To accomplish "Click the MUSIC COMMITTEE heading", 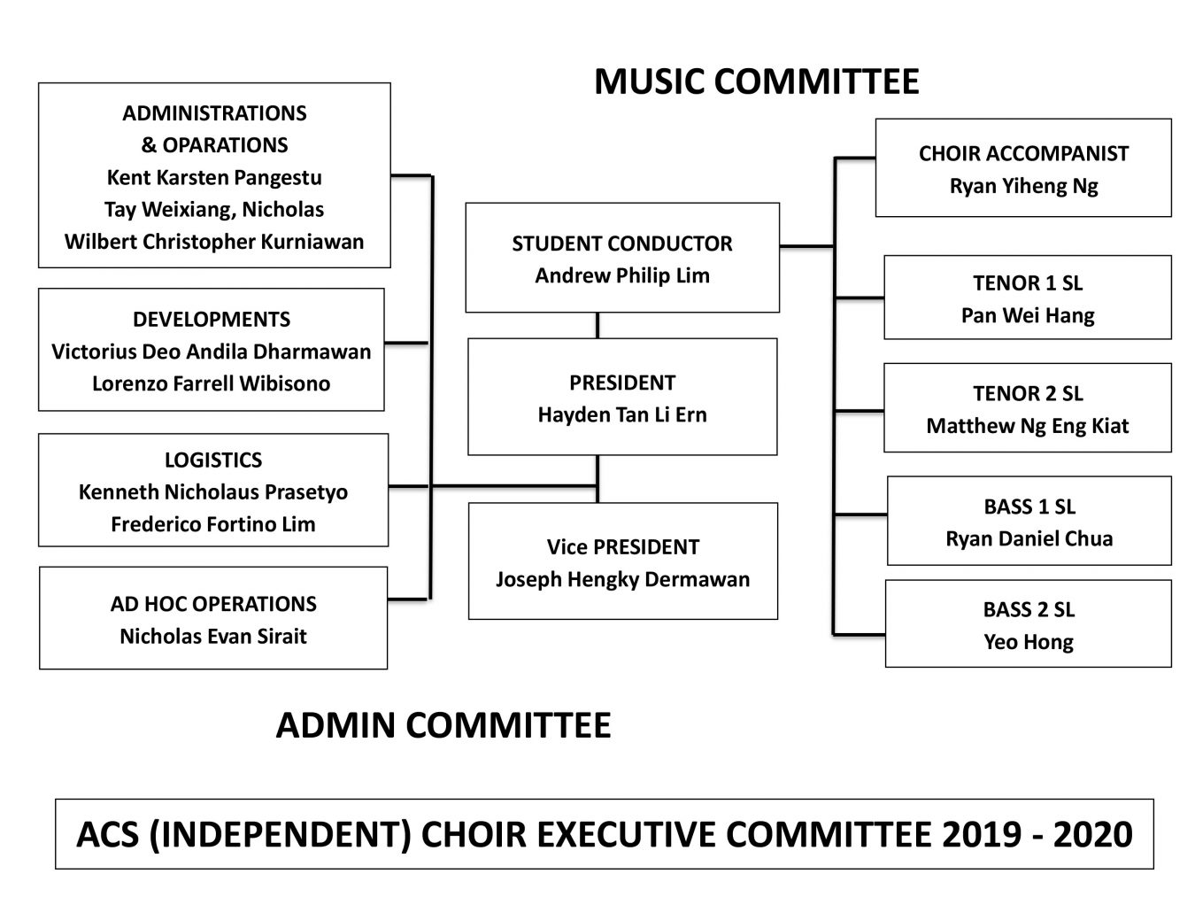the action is pyautogui.click(x=756, y=81).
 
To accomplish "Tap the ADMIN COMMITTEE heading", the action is pyautogui.click(x=443, y=725).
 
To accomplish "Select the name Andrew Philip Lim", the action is pyautogui.click(x=622, y=276).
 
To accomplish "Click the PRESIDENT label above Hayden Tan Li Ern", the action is pyautogui.click(x=622, y=383).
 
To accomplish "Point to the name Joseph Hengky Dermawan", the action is pyautogui.click(x=623, y=580).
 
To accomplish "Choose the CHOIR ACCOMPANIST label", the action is pyautogui.click(x=1023, y=153).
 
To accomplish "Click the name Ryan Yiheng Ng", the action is pyautogui.click(x=1023, y=186).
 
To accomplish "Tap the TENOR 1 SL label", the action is pyautogui.click(x=1028, y=283).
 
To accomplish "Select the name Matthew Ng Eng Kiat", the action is pyautogui.click(x=1028, y=426).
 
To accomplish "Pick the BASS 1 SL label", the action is pyautogui.click(x=1029, y=507).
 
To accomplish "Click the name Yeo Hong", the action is pyautogui.click(x=1029, y=643).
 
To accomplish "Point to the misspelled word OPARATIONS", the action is pyautogui.click(x=225, y=145).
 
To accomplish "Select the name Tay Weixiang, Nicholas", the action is pyautogui.click(x=214, y=210).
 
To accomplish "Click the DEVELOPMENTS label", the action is pyautogui.click(x=212, y=320).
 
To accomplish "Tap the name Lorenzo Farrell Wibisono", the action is pyautogui.click(x=212, y=384).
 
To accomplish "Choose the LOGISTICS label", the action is pyautogui.click(x=213, y=460).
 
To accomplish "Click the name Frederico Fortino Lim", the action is pyautogui.click(x=213, y=524).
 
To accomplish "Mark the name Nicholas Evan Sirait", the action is pyautogui.click(x=213, y=636).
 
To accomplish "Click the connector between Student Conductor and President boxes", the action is pyautogui.click(x=597, y=326).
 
